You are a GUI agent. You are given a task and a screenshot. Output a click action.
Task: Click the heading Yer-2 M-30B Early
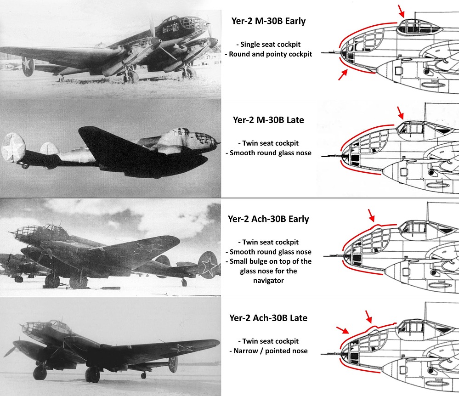269,21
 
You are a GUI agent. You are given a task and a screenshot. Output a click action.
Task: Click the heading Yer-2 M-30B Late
269,120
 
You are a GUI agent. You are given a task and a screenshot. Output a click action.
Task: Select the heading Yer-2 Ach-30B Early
269,219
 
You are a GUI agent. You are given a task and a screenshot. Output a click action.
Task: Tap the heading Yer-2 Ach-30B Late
268,318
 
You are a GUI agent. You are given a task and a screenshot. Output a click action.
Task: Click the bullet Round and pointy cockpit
269,54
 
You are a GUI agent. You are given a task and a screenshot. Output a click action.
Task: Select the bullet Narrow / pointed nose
268,351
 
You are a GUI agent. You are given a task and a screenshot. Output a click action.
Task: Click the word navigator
268,281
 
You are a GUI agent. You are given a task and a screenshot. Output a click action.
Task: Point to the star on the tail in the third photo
209,265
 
